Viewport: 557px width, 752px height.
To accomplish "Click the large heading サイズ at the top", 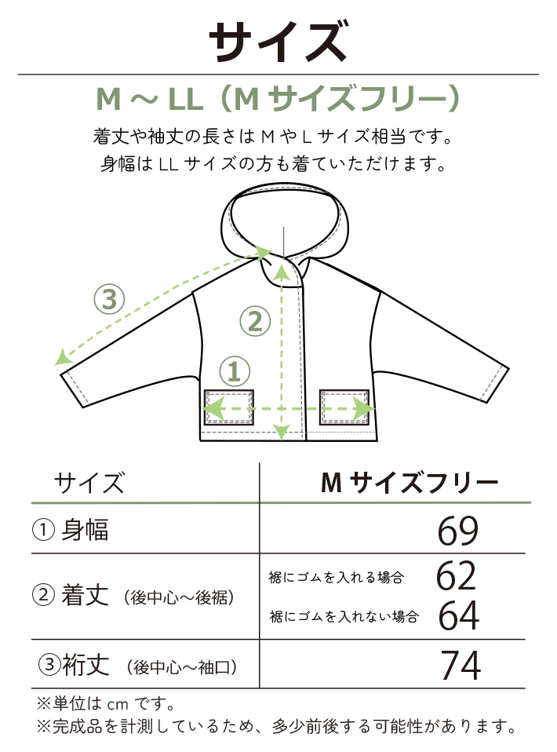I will pos(278,41).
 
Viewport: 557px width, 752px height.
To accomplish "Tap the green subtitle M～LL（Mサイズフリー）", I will pos(278,100).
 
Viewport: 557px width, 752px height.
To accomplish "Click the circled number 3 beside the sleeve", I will pos(110,298).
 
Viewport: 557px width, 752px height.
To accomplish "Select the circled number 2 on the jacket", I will pos(254,321).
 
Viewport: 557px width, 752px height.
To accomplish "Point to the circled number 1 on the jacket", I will pos(235,371).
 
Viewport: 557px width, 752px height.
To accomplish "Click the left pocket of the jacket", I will pos(229,407).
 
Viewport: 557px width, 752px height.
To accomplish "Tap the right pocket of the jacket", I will pos(344,407).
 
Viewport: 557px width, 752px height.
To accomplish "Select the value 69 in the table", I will pos(458,532).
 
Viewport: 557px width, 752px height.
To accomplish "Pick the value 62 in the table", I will pos(457,577).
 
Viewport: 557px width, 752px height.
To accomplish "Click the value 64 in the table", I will pos(458,615).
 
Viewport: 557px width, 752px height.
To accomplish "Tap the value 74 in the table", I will pos(460,666).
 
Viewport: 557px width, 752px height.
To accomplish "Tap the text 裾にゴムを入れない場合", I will pos(344,616).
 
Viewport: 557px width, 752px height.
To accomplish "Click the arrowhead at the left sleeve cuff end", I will pos(60,360).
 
